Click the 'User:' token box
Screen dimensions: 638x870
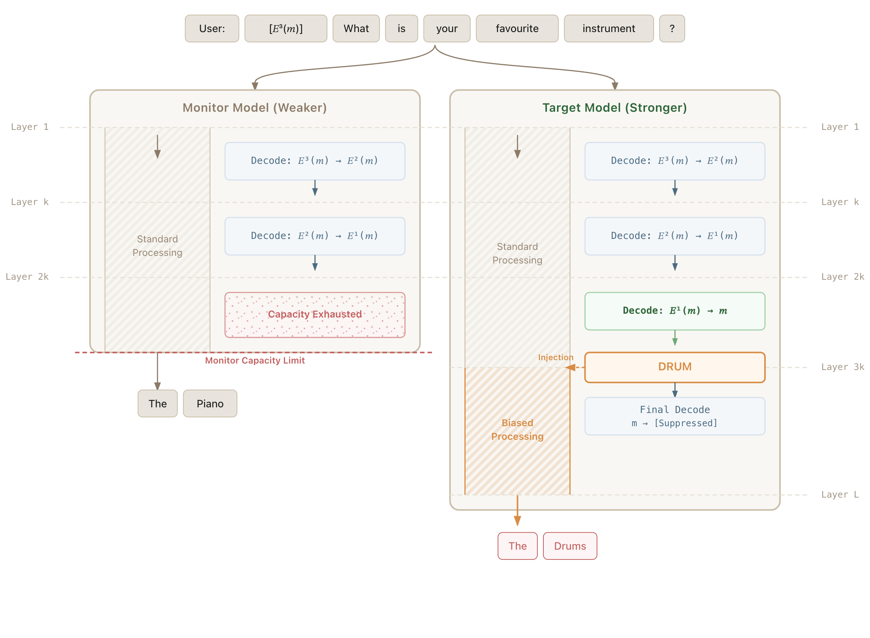212,29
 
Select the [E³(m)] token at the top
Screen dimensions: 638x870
285,29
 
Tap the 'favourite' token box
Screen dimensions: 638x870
517,29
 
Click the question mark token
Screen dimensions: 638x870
672,29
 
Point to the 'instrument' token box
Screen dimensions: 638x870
608,29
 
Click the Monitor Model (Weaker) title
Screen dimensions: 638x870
255,107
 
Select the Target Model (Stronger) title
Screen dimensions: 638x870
614,107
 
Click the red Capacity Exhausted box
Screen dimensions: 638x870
315,315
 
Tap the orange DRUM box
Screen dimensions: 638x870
674,367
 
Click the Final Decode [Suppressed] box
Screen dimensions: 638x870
674,416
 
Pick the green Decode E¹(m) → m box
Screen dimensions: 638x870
674,311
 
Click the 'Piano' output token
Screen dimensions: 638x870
210,404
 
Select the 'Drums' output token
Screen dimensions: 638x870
570,546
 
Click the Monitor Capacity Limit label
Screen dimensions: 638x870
255,360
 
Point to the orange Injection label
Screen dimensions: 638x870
555,357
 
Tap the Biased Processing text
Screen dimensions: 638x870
517,430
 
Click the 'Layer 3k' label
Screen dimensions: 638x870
842,367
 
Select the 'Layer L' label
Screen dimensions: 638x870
840,494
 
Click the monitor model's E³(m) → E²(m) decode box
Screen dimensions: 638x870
315,161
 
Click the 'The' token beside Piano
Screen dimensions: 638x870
157,404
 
